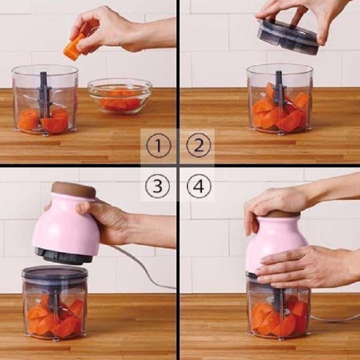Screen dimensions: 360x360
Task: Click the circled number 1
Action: click(x=158, y=145)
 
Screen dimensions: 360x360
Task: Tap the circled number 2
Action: click(x=198, y=145)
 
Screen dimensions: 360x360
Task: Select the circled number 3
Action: click(x=157, y=186)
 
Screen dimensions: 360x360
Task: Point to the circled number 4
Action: click(x=199, y=186)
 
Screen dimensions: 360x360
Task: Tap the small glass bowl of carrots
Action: click(x=120, y=96)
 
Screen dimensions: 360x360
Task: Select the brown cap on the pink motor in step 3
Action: click(x=73, y=190)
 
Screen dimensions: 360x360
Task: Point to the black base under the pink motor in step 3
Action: click(x=64, y=255)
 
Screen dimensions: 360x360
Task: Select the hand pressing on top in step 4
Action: click(x=275, y=204)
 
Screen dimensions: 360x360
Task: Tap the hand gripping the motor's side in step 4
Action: click(x=305, y=266)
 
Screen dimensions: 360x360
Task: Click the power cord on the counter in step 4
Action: click(x=335, y=318)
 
